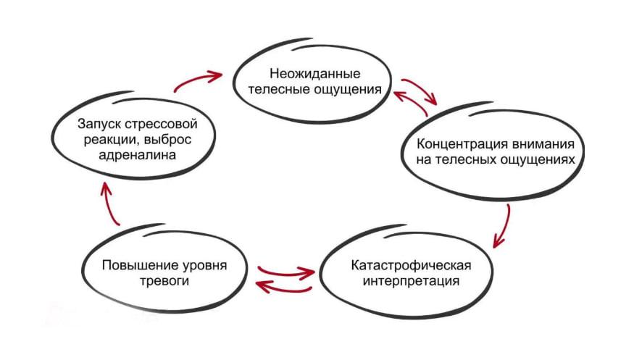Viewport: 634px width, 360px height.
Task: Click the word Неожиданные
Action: point(315,74)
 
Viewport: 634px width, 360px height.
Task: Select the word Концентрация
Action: point(462,145)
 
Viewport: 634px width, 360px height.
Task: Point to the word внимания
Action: point(543,144)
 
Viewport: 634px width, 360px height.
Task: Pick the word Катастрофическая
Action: point(411,266)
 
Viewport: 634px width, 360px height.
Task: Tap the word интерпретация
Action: point(411,281)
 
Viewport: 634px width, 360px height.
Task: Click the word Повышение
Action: point(141,265)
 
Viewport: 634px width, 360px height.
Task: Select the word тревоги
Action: point(164,281)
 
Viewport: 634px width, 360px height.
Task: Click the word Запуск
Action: point(99,124)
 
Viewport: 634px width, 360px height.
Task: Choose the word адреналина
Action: point(138,156)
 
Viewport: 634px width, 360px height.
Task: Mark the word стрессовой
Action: point(162,125)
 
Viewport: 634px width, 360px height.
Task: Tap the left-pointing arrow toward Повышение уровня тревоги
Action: point(283,288)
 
